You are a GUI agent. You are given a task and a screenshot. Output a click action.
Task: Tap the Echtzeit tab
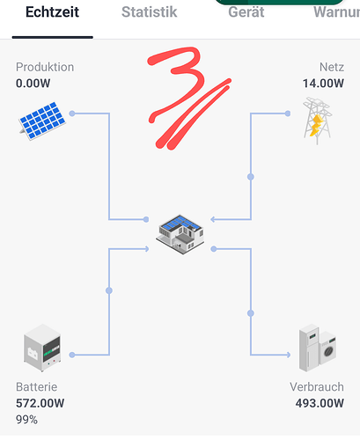[52, 12]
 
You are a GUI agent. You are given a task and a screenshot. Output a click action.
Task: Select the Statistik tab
[150, 12]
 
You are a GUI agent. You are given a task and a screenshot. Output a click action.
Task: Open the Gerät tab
[246, 12]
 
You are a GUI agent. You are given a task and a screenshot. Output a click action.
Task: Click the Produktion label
[45, 67]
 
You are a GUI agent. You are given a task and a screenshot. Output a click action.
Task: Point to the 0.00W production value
[33, 84]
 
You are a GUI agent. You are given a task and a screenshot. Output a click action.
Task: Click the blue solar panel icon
[42, 121]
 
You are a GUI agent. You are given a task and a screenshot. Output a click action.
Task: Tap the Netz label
[332, 67]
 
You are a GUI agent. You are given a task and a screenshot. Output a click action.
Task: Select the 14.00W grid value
[323, 84]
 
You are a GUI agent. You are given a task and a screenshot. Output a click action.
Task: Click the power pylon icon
[317, 121]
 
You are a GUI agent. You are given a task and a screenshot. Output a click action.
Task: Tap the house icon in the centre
[180, 234]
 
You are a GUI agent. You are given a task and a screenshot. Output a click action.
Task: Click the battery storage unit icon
[42, 348]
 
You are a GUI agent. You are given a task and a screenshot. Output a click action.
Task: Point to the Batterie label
[37, 387]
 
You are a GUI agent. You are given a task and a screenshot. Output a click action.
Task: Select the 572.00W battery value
[40, 403]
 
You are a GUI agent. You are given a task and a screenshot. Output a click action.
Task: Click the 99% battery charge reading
[26, 420]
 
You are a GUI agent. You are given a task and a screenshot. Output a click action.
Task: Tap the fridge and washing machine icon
[318, 348]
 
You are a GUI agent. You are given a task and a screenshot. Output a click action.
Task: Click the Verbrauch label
[317, 387]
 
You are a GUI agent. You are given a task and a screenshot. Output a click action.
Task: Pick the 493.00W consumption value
[320, 403]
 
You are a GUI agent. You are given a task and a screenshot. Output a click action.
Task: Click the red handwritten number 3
[176, 85]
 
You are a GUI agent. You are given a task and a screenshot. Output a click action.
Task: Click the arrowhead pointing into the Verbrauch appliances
[288, 355]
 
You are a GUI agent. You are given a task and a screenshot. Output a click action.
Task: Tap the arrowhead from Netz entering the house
[213, 219]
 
